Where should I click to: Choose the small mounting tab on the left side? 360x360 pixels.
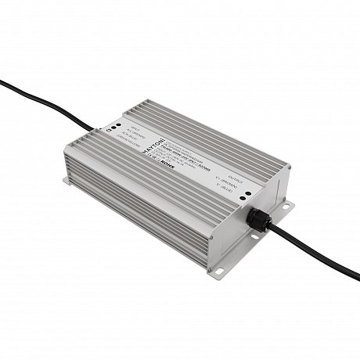coord(67,182)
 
